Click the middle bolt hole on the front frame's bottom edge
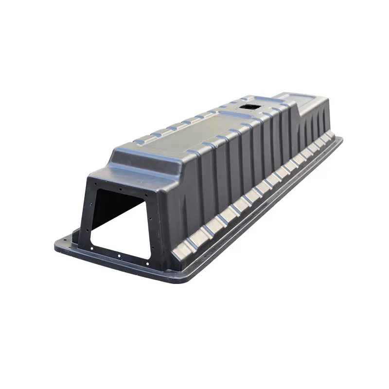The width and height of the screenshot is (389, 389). point(119,255)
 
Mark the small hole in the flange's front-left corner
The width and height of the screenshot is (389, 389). point(65,241)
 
